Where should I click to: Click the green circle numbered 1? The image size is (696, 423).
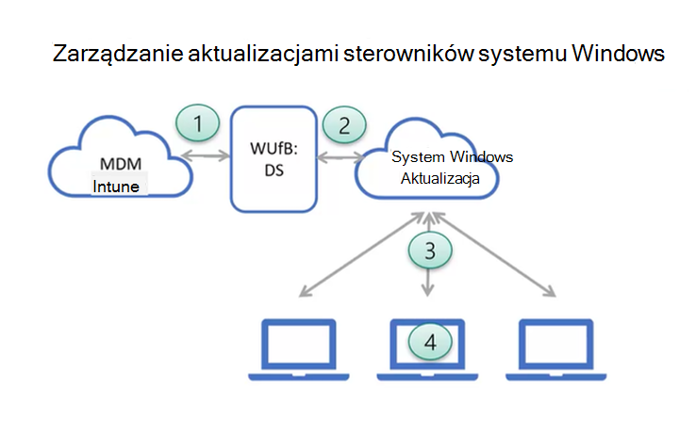[198, 122]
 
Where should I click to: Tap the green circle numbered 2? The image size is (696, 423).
[343, 122]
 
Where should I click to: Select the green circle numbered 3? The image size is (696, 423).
[430, 250]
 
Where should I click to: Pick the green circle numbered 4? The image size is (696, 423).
[430, 341]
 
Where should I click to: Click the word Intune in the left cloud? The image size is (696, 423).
[116, 187]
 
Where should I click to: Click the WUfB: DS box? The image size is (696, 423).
[273, 156]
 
